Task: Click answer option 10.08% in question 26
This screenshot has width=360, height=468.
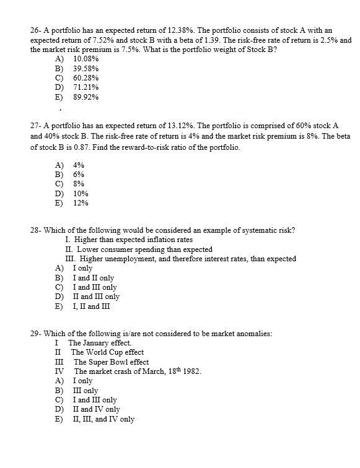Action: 86,58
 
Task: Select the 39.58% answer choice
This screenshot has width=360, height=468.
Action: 86,68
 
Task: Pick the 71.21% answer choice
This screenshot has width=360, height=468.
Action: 86,87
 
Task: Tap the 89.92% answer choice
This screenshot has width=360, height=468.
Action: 86,97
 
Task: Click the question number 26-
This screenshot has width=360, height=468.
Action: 36,30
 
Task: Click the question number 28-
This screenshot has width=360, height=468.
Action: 36,230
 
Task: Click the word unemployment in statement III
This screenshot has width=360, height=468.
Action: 131,259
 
